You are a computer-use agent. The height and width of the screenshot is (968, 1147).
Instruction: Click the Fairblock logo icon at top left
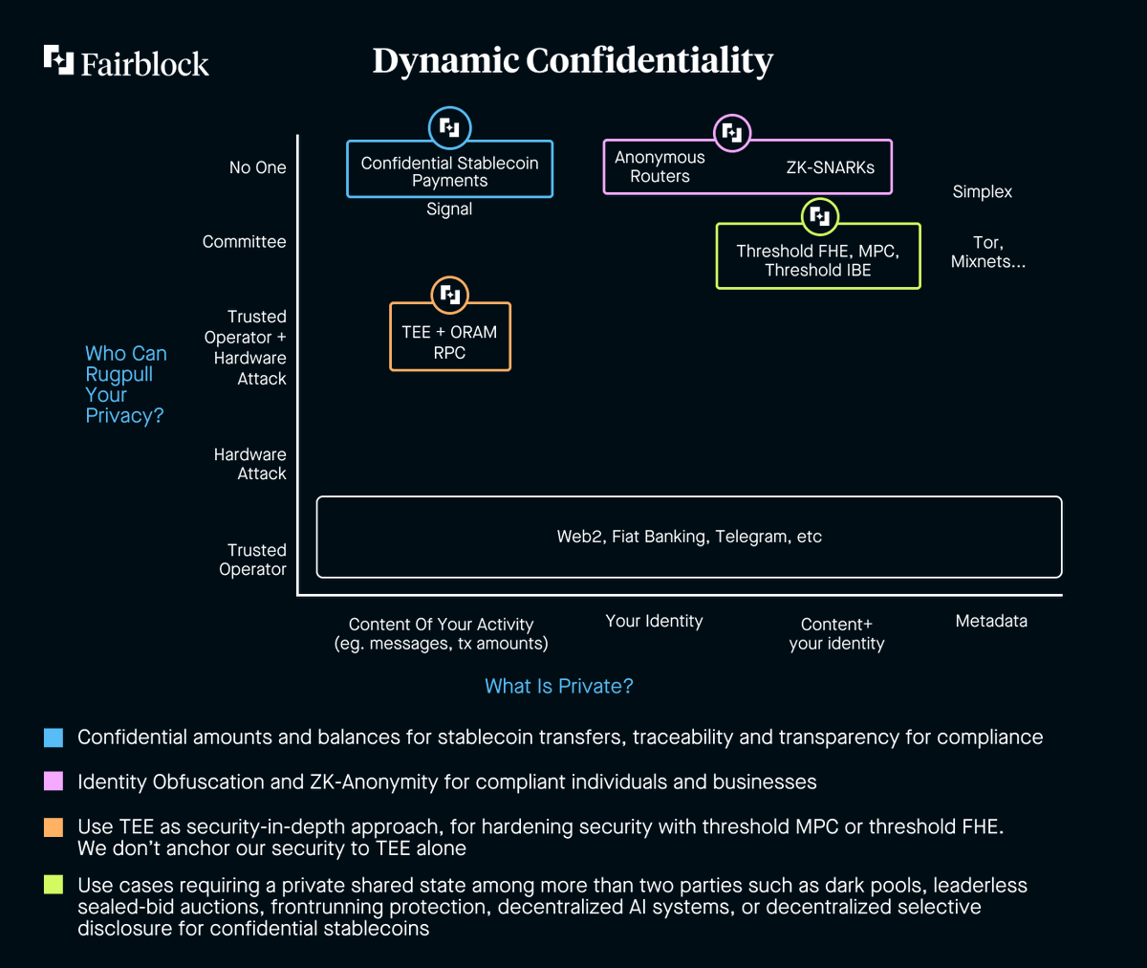point(58,59)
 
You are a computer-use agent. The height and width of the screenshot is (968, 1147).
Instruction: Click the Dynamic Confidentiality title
point(572,60)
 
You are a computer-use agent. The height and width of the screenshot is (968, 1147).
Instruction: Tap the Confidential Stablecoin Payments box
point(449,171)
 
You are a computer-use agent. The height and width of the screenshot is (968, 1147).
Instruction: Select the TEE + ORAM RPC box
point(449,341)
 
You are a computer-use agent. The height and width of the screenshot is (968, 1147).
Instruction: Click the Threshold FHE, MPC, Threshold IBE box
point(817,260)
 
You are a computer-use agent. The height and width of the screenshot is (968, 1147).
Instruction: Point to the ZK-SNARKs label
point(830,167)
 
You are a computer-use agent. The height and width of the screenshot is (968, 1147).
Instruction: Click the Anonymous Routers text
point(660,166)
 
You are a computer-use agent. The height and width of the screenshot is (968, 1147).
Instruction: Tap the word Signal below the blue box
point(449,209)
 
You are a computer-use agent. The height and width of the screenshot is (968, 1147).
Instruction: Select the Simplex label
point(982,191)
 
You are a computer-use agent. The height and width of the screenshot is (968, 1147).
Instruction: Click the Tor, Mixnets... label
point(987,252)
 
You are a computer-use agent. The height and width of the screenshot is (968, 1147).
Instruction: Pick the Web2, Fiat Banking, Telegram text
point(689,537)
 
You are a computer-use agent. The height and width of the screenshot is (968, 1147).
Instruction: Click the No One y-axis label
point(257,167)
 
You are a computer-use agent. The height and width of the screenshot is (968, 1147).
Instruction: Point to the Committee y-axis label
point(244,242)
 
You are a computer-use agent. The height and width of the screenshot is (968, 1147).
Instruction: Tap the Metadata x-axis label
point(991,621)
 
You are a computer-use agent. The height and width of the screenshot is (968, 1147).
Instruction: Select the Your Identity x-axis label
point(654,621)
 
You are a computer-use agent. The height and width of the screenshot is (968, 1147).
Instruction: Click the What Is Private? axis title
point(558,686)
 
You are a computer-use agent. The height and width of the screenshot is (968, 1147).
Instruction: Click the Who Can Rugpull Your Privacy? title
point(125,385)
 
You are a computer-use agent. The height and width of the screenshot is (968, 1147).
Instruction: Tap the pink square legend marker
point(54,781)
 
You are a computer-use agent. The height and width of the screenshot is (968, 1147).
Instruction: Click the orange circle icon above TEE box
point(449,295)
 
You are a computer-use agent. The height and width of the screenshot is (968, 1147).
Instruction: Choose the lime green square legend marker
point(54,885)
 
